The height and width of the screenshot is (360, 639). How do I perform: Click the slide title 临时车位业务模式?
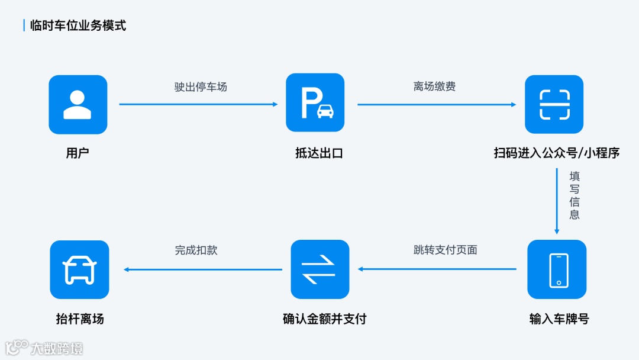click(78, 25)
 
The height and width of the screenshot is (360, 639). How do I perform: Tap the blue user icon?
click(78, 104)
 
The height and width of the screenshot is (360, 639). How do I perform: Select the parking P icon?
click(315, 103)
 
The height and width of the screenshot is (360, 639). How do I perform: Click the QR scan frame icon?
click(554, 105)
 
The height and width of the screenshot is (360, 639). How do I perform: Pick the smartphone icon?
click(557, 269)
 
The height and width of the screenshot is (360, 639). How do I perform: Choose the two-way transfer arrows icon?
click(319, 269)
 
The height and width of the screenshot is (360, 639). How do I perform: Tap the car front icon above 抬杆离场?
click(79, 269)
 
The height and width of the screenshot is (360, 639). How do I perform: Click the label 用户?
click(78, 153)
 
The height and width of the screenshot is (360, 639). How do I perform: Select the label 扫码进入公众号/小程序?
click(557, 153)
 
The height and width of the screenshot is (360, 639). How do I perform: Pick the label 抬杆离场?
click(80, 319)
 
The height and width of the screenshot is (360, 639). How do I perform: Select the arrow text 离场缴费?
click(434, 87)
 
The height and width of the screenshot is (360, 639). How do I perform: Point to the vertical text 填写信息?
click(574, 195)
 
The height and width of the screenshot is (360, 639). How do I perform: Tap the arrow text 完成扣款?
click(196, 250)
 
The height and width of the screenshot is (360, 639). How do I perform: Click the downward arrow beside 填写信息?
click(557, 201)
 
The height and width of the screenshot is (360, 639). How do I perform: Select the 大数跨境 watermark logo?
click(44, 348)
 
